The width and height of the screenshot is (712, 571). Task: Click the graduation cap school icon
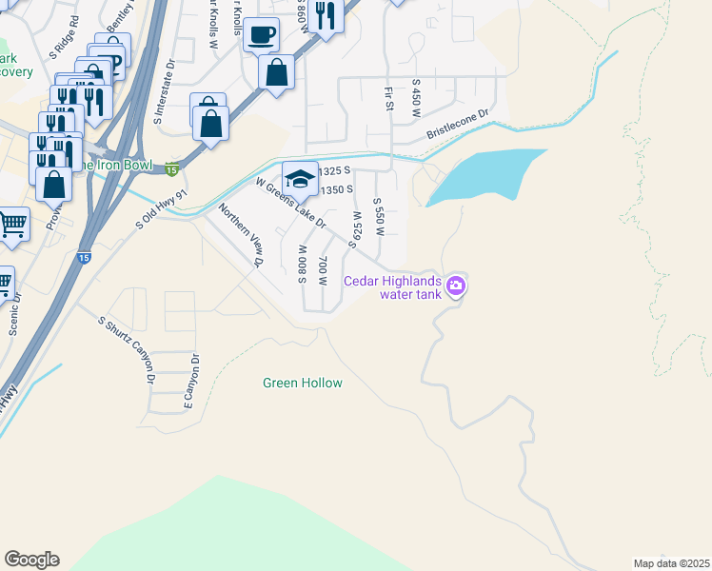(300, 178)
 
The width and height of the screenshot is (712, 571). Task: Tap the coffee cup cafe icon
(262, 36)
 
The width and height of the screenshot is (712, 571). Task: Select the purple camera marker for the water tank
(456, 285)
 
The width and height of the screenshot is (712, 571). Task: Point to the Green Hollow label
(302, 384)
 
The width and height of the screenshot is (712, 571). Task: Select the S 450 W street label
(416, 99)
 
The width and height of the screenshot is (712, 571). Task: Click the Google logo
(31, 560)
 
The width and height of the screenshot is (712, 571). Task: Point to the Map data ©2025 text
(671, 563)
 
